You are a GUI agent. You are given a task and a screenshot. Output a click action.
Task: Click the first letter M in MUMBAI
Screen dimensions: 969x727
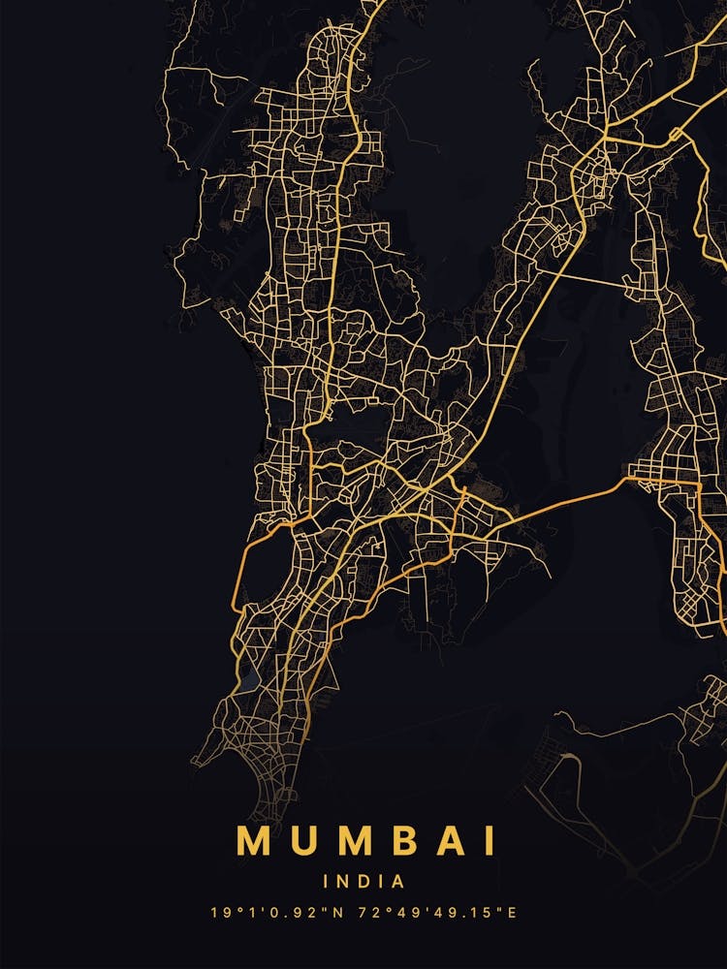point(254,841)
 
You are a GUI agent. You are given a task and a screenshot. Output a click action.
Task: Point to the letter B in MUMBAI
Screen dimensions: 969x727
point(413,841)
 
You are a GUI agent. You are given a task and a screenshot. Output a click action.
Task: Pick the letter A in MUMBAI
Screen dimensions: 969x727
point(459,841)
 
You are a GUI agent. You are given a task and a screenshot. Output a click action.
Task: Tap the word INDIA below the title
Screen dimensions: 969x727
point(363,882)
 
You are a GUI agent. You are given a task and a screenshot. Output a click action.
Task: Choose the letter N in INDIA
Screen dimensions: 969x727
point(344,882)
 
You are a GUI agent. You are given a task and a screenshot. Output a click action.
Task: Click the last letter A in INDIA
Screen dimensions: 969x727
point(397,882)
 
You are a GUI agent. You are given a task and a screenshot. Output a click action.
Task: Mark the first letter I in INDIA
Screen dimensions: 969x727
point(327,882)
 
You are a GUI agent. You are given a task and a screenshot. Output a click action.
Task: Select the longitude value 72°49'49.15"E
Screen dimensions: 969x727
point(438,913)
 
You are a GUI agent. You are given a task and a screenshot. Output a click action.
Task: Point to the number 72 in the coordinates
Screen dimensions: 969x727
point(367,913)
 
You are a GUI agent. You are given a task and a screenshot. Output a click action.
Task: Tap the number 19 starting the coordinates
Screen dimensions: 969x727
point(218,913)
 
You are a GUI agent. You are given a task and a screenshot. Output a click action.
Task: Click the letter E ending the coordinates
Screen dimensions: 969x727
point(513,913)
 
